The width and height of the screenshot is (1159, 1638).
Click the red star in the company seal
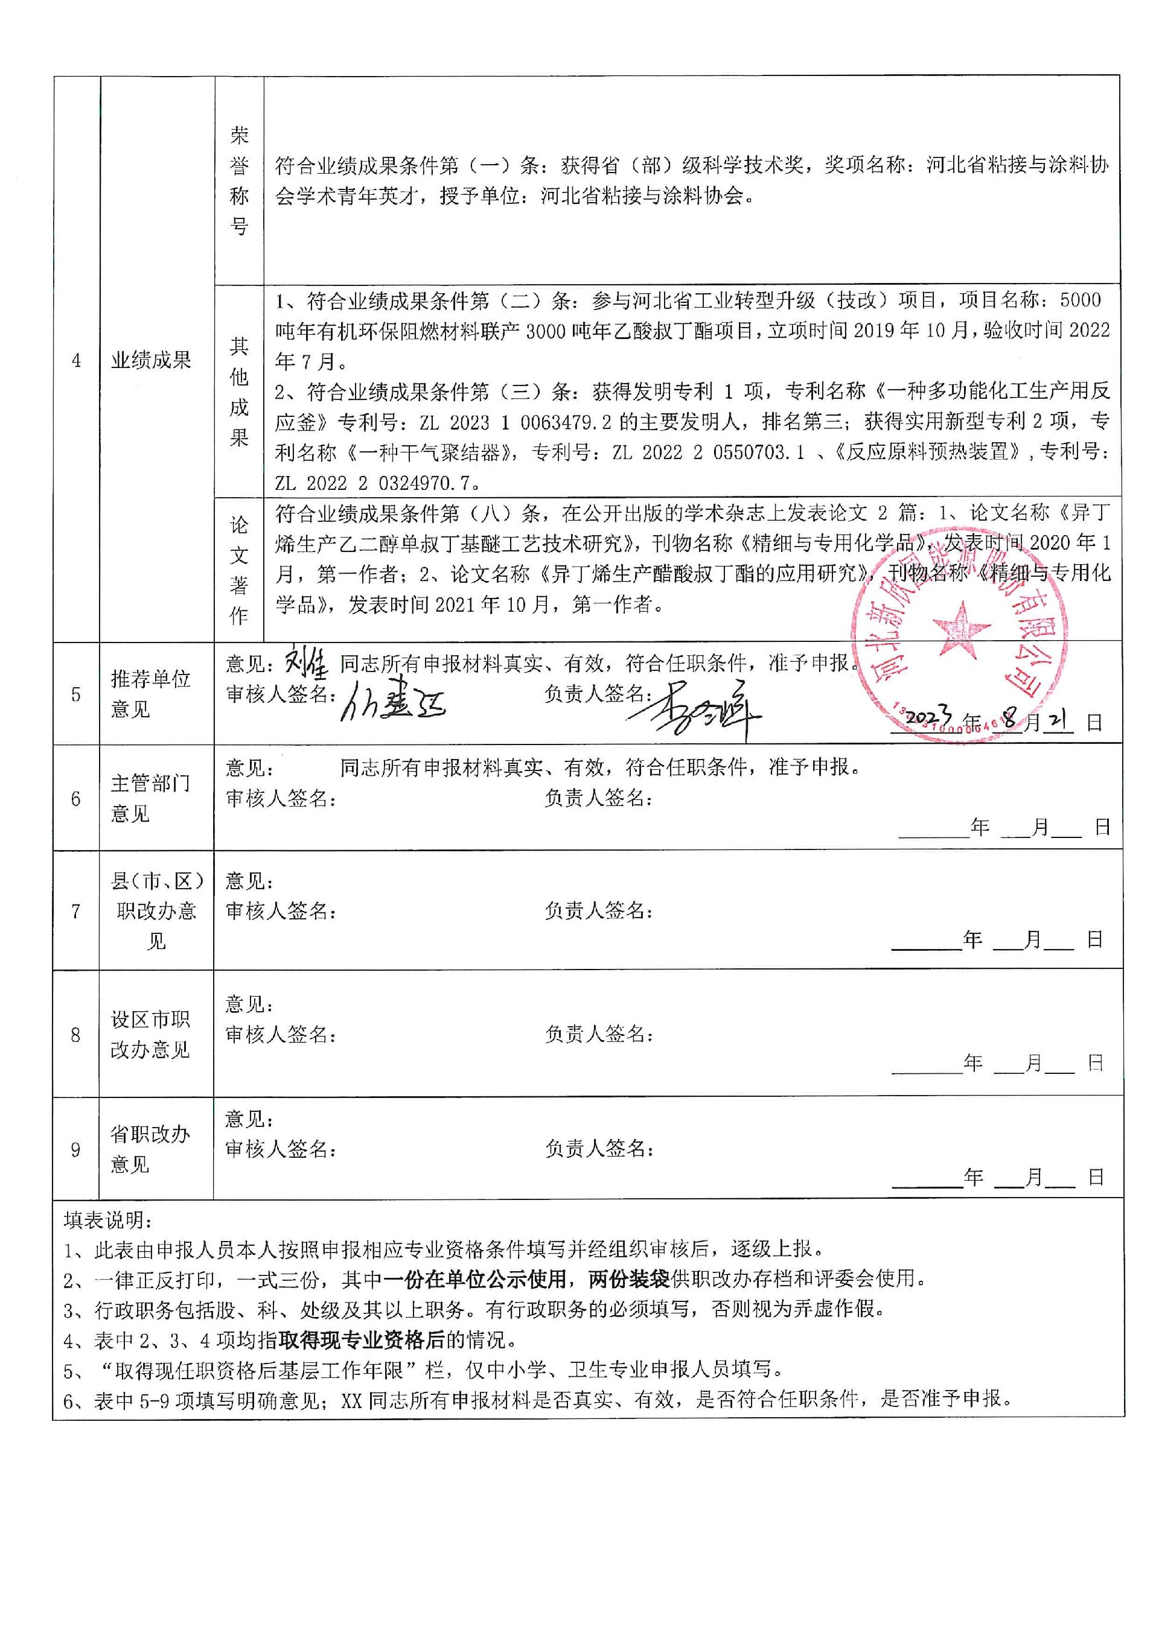point(960,628)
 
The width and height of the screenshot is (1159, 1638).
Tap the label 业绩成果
point(152,360)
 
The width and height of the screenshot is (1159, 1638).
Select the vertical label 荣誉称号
point(239,180)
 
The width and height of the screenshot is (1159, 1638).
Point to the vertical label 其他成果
point(239,392)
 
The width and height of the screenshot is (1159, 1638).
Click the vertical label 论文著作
point(239,570)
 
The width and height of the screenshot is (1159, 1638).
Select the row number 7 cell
point(75,911)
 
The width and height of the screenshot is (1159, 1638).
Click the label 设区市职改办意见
point(150,1035)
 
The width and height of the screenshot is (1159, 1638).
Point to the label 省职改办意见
point(150,1149)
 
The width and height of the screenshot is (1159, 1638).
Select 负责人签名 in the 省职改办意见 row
point(599,1149)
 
